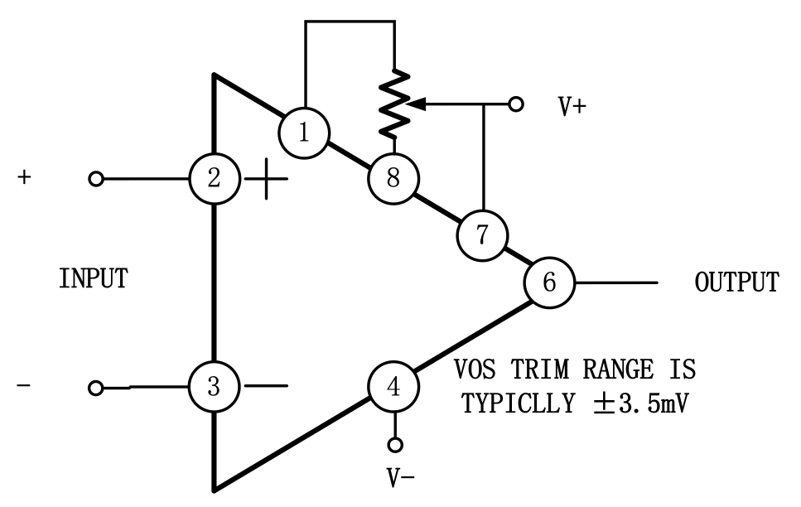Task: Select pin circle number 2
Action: pyautogui.click(x=214, y=178)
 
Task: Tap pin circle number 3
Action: pyautogui.click(x=214, y=386)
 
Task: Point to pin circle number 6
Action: pyautogui.click(x=549, y=282)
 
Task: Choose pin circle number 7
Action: pyautogui.click(x=481, y=234)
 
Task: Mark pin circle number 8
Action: pyautogui.click(x=393, y=177)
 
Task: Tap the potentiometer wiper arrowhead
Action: pyautogui.click(x=418, y=104)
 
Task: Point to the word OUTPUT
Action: pyautogui.click(x=736, y=282)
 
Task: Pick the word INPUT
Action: pyautogui.click(x=93, y=278)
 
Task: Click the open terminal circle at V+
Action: pyautogui.click(x=516, y=104)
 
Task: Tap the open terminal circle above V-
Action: pyautogui.click(x=395, y=446)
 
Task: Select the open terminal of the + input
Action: pyautogui.click(x=97, y=179)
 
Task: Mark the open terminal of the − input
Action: pyautogui.click(x=97, y=387)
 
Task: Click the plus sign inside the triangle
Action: pyautogui.click(x=265, y=179)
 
